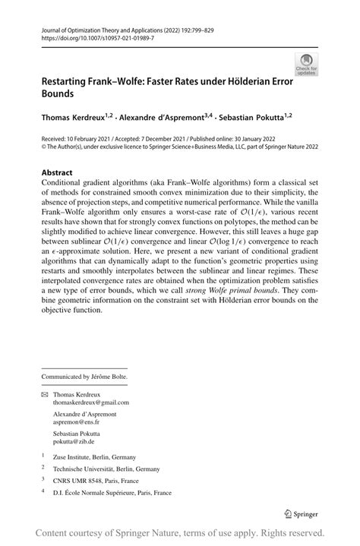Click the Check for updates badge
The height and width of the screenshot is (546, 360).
tap(308, 64)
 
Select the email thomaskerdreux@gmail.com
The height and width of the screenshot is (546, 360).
tap(91, 402)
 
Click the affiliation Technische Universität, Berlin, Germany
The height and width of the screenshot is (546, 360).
tap(106, 469)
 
